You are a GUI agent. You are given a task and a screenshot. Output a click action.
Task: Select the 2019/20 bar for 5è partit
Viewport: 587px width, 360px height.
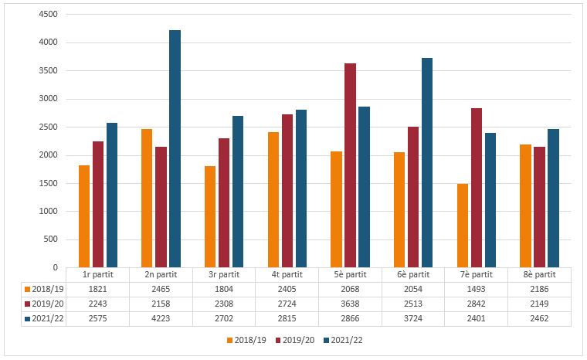pos(350,165)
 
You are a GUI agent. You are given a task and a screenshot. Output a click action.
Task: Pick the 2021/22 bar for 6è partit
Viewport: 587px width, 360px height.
pos(427,163)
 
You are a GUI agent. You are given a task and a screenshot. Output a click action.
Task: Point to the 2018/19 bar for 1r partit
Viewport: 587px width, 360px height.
pos(83,216)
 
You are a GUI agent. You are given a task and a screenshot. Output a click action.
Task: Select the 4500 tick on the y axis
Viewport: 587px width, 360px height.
pos(46,15)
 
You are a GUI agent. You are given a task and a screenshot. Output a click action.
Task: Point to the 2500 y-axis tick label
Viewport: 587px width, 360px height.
pos(46,127)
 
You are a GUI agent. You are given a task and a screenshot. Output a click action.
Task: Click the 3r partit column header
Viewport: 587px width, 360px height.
pos(224,274)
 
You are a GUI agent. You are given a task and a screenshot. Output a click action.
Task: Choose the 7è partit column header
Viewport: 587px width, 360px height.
pos(477,274)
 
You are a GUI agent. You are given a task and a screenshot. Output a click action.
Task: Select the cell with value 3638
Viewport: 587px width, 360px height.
pos(350,303)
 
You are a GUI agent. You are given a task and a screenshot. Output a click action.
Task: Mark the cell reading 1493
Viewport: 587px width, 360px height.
pos(477,288)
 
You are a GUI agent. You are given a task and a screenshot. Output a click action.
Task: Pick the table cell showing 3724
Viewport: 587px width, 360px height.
pos(413,318)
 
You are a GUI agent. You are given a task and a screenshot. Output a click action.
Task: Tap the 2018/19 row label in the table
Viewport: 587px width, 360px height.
pos(44,288)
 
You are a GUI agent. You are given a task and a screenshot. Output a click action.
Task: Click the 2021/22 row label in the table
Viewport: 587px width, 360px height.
pos(44,318)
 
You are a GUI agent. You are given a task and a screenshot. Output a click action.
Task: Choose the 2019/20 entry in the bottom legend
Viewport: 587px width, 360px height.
pos(301,338)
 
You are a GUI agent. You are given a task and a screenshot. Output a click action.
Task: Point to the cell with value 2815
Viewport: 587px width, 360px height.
pos(287,318)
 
